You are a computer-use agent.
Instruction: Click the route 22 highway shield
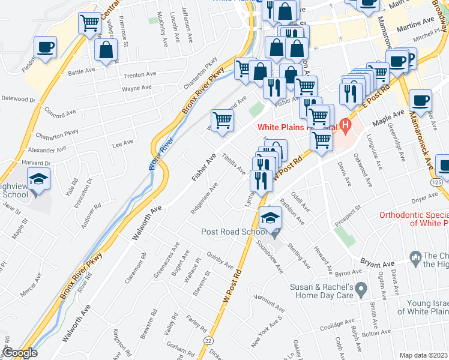point(208,340)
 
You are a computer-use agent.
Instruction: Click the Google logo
point(20,353)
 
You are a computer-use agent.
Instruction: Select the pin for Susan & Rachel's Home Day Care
point(360,290)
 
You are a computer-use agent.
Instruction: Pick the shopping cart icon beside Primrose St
point(89,23)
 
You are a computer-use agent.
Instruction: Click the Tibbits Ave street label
point(233,164)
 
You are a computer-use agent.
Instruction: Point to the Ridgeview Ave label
point(203,201)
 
